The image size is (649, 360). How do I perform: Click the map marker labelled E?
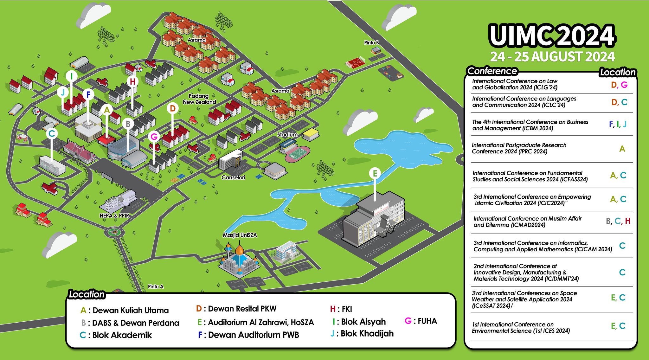[x=375, y=173]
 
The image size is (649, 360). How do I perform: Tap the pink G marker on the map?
[x=154, y=137]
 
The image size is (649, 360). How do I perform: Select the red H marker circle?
[x=132, y=81]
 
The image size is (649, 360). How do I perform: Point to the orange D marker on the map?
[x=172, y=108]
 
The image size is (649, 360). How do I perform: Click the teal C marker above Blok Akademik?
[x=52, y=133]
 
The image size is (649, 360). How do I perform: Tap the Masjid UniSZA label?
[x=240, y=235]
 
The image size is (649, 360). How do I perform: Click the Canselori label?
[x=233, y=177]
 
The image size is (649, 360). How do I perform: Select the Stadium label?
[x=287, y=135]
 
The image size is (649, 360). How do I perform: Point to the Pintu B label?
[x=371, y=43]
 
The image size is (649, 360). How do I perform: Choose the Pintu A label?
[x=156, y=286]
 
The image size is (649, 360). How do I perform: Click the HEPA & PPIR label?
[x=114, y=215]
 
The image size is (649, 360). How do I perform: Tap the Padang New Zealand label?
[x=199, y=99]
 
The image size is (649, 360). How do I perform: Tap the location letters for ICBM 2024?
[x=617, y=124]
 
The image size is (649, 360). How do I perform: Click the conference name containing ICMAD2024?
[x=527, y=222]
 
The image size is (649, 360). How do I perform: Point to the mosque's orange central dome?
[x=240, y=250]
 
